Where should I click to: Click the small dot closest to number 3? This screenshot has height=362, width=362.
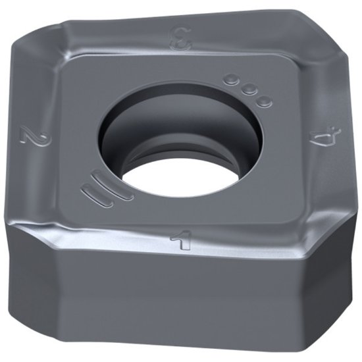[x=231, y=81]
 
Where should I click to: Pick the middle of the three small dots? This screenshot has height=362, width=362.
[x=247, y=90]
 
